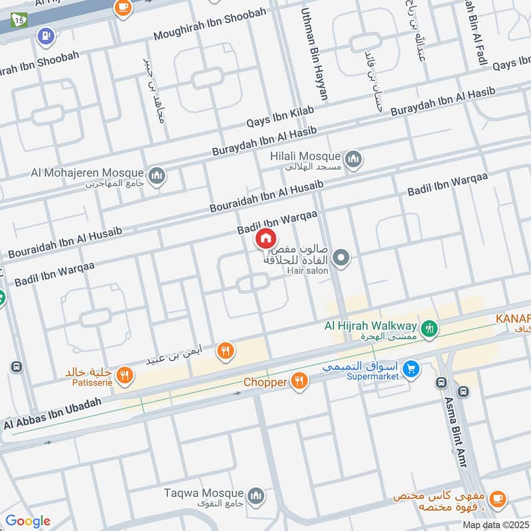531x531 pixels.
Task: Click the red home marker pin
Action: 265,238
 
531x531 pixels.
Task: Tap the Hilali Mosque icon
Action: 352,158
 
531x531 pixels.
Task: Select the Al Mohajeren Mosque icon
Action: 157,175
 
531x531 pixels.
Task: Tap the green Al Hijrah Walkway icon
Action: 429,327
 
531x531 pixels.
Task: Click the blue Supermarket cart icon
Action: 412,367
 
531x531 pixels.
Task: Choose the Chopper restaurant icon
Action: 300,382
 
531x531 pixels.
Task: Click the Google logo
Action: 27,521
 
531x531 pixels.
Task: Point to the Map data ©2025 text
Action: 494,524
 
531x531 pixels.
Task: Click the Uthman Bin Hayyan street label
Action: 315,54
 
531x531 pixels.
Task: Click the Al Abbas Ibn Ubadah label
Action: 52,414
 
